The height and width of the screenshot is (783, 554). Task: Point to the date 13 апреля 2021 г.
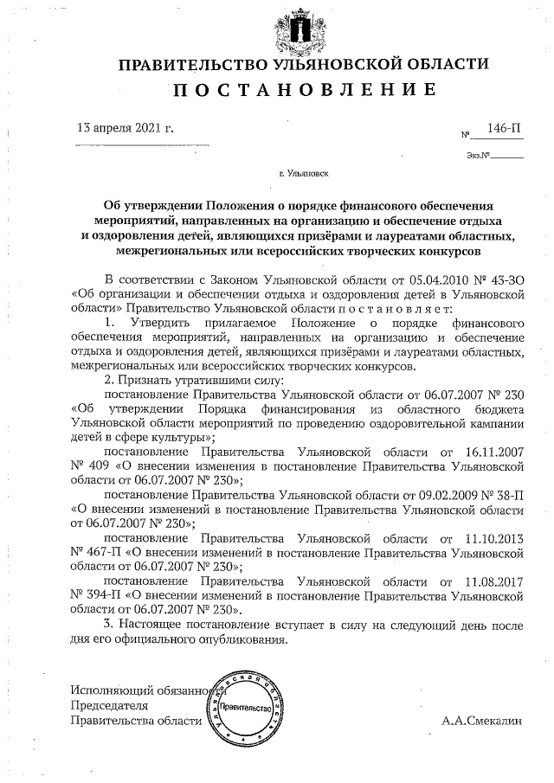pos(126,128)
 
